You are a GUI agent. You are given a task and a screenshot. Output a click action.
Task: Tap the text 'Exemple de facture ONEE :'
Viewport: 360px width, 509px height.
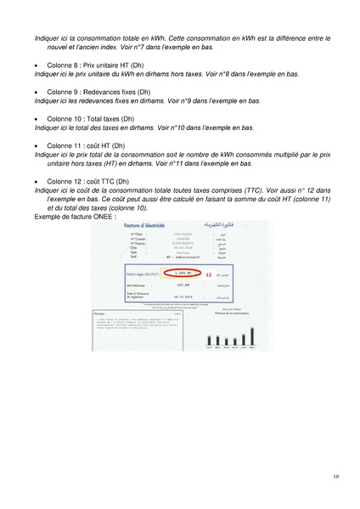tap(75, 217)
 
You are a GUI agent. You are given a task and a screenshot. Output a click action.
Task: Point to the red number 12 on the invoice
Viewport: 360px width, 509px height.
tap(208, 275)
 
